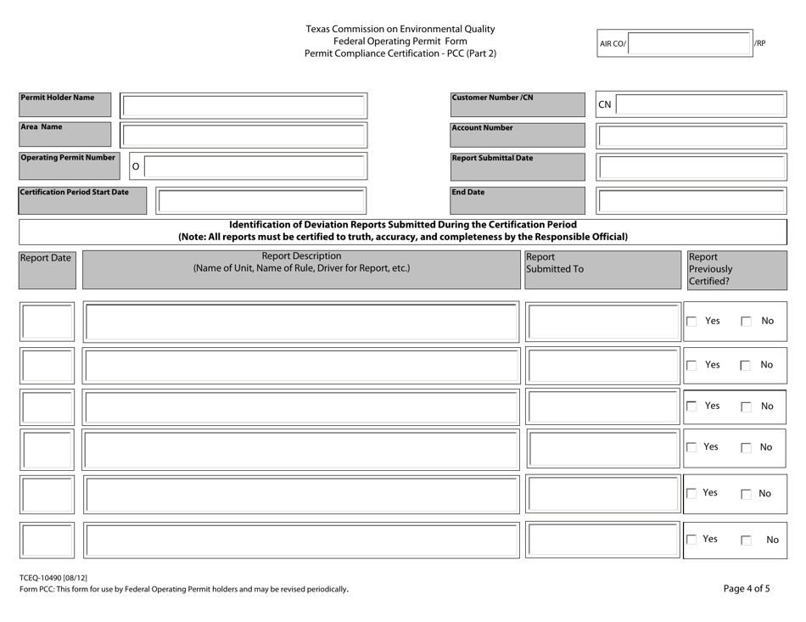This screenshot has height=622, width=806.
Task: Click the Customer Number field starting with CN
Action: click(701, 104)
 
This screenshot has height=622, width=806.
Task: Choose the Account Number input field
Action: click(691, 135)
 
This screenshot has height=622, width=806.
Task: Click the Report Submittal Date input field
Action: click(691, 166)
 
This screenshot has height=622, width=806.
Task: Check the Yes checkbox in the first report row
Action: click(691, 322)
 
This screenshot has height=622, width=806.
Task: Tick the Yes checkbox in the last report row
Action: click(691, 538)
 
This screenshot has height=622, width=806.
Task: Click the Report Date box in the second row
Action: click(48, 365)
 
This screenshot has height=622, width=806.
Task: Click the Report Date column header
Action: click(47, 255)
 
